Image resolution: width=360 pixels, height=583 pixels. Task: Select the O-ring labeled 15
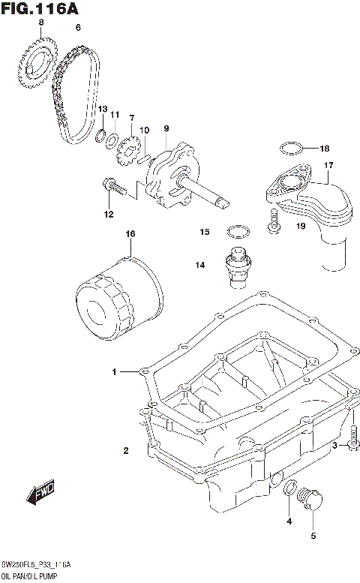(237, 230)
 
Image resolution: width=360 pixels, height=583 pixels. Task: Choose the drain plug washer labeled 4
(288, 489)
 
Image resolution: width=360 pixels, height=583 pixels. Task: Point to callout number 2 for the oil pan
(126, 450)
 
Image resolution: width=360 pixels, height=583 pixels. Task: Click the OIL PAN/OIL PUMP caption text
(34, 576)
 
